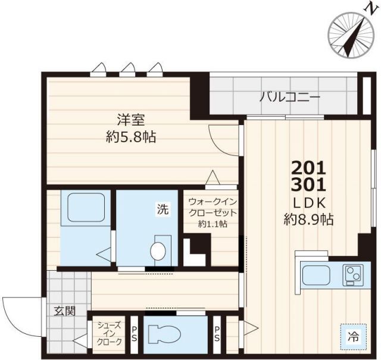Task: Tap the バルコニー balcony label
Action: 289,97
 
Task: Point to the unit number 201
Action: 308,167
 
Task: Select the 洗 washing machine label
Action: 163,209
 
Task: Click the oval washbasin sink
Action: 159,251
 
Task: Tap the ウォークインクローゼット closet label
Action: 213,207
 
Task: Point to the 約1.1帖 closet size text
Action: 213,224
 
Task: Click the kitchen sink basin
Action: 319,275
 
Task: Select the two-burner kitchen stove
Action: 351,275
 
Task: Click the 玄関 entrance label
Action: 65,311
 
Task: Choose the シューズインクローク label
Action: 110,333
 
